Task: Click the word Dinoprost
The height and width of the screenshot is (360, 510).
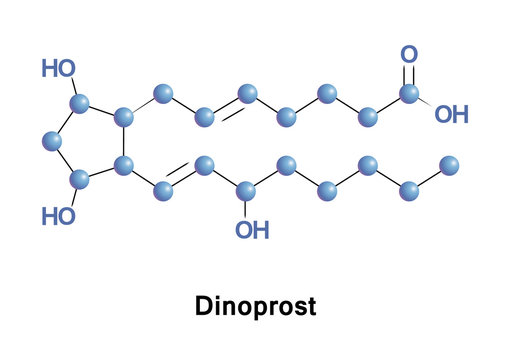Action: pos(255,306)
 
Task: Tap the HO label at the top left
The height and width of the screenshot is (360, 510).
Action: pos(58,69)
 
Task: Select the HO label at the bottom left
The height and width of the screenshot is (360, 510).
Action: pos(58,217)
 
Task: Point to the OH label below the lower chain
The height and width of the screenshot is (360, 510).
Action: pos(252,231)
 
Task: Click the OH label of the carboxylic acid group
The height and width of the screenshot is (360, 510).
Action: pos(451,114)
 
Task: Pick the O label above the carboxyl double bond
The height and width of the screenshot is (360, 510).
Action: pos(409,54)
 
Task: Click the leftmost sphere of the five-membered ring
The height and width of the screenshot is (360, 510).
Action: pos(52,142)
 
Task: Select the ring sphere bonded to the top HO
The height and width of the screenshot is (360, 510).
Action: pos(81,104)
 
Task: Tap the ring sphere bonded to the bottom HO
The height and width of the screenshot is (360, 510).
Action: pos(81,180)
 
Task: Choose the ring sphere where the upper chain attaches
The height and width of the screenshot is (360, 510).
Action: pos(124,118)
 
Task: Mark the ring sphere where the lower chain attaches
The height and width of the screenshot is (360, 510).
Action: pos(124,164)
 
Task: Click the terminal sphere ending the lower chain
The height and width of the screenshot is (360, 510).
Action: pos(449,164)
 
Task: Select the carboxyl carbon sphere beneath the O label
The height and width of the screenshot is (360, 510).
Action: pos(409,94)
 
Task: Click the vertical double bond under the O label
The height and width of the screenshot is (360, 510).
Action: pos(409,75)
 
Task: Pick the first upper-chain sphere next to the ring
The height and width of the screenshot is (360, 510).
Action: pos(163,95)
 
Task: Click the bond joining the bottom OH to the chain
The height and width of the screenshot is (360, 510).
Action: pos(247,206)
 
